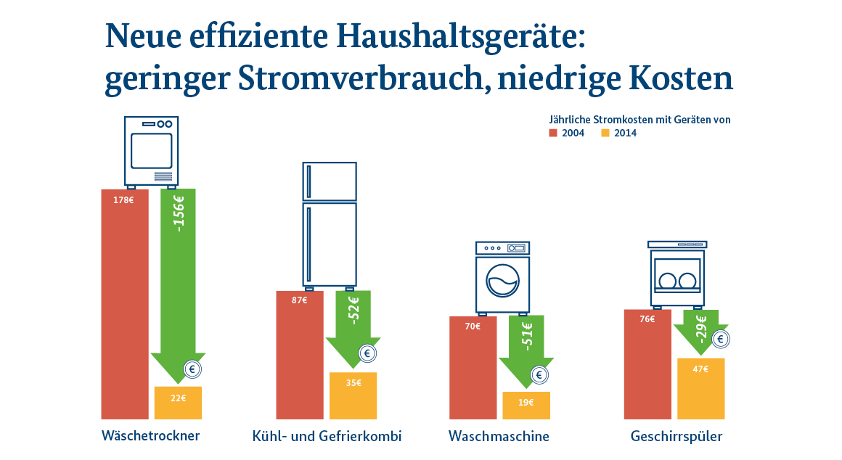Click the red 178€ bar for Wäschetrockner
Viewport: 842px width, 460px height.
click(x=125, y=305)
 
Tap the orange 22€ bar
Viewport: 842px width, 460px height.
click(x=178, y=403)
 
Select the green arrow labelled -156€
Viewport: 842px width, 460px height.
click(x=178, y=276)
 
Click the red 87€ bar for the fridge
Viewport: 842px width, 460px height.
click(x=300, y=356)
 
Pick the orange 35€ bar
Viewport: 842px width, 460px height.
click(x=353, y=395)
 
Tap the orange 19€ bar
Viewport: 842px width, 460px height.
click(x=526, y=406)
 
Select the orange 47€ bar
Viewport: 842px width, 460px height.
click(x=700, y=388)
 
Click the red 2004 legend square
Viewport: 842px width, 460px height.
click(x=552, y=134)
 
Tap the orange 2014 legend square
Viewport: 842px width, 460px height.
click(x=605, y=134)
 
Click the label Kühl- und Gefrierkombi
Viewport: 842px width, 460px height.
click(x=327, y=437)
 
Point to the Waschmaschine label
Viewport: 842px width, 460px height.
click(x=499, y=437)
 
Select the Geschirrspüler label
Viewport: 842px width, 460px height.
click(x=677, y=437)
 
